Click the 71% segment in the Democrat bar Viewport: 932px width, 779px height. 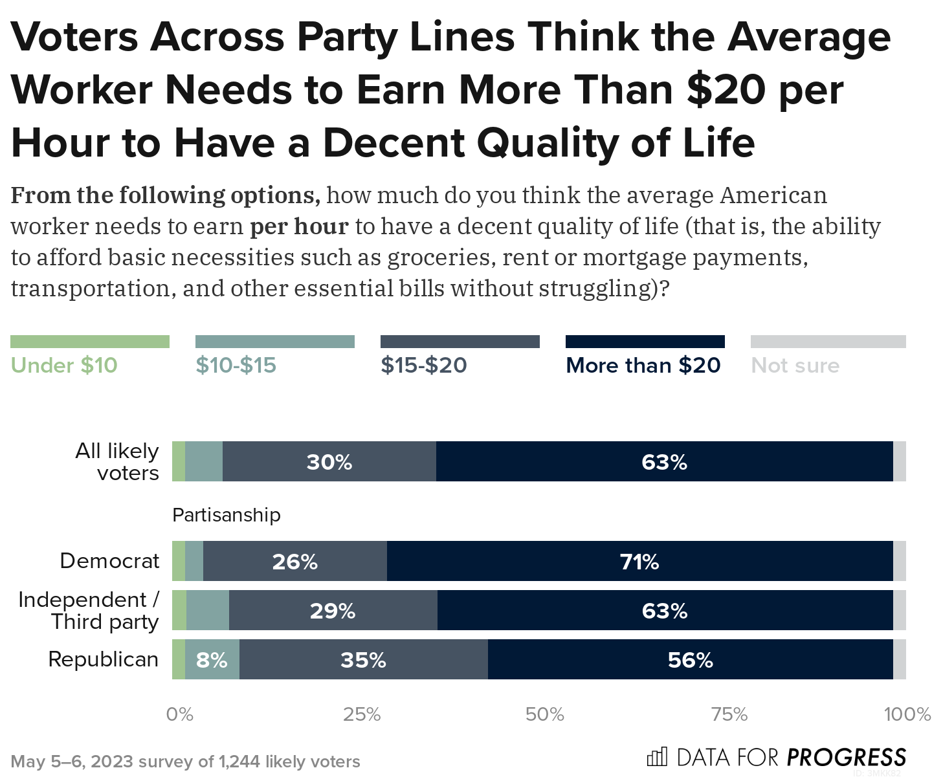(x=639, y=561)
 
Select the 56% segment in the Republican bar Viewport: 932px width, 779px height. (x=690, y=659)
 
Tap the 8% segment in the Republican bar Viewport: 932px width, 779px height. (x=212, y=659)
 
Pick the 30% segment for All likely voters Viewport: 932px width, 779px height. (x=329, y=461)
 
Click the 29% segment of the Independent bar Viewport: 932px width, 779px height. (x=333, y=610)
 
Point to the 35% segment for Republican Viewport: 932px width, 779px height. (x=363, y=659)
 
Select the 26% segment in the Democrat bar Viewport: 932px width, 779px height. (x=294, y=561)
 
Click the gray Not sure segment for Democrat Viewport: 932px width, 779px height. (x=900, y=561)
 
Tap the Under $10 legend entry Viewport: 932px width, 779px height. (x=64, y=366)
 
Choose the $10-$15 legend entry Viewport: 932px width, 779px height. (x=236, y=366)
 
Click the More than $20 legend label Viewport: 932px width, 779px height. (x=643, y=366)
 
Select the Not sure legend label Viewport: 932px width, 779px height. (x=795, y=366)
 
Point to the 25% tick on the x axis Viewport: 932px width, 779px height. (x=362, y=714)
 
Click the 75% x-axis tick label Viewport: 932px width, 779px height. (x=729, y=714)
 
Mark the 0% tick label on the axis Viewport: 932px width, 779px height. (x=179, y=714)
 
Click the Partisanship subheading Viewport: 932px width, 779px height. (x=227, y=515)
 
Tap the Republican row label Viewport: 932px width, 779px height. (x=104, y=659)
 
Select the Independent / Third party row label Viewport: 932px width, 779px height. (x=89, y=610)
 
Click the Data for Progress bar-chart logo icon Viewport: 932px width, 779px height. (x=657, y=756)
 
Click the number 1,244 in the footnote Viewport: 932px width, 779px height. (x=240, y=762)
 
